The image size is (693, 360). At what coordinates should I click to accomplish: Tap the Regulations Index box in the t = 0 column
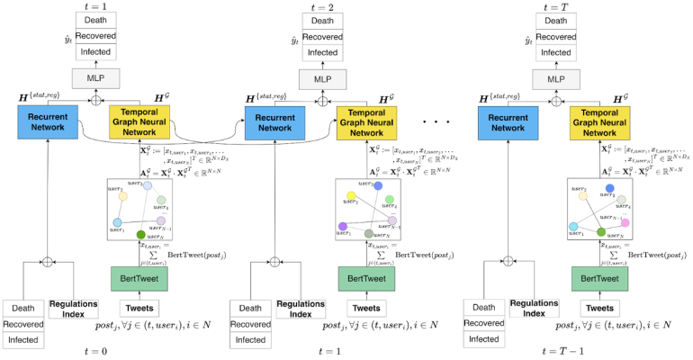(x=74, y=310)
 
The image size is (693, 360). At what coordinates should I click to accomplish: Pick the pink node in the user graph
(x=625, y=221)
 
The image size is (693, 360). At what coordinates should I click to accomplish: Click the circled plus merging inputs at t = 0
(x=47, y=262)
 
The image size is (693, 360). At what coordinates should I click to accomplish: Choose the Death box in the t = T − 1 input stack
(x=486, y=307)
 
